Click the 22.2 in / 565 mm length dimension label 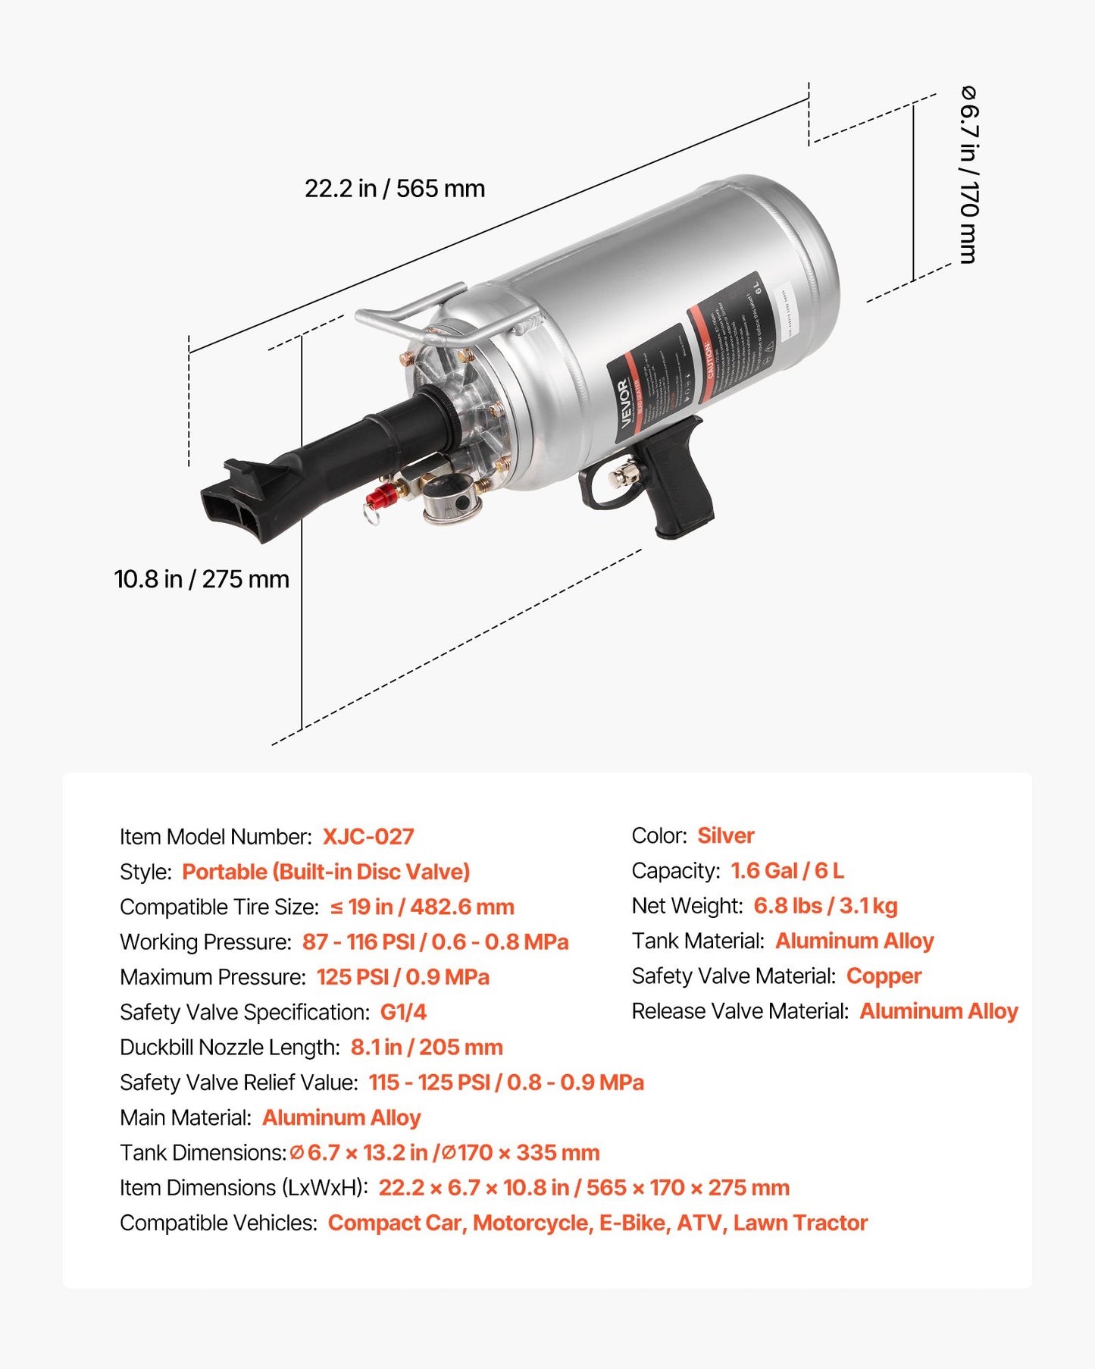point(395,189)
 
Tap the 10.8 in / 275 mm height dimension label point(202,579)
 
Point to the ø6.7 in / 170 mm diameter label point(968,174)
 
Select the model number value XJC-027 point(368,837)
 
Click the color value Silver point(725,835)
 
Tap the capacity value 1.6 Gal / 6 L point(787,870)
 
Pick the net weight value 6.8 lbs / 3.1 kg point(825,906)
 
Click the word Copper point(884,976)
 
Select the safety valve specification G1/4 point(403,1012)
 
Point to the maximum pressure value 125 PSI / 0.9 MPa point(402,977)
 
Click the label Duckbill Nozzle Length point(230,1048)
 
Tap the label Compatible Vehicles point(218,1223)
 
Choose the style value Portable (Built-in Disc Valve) point(326,872)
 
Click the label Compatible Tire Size point(219,907)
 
